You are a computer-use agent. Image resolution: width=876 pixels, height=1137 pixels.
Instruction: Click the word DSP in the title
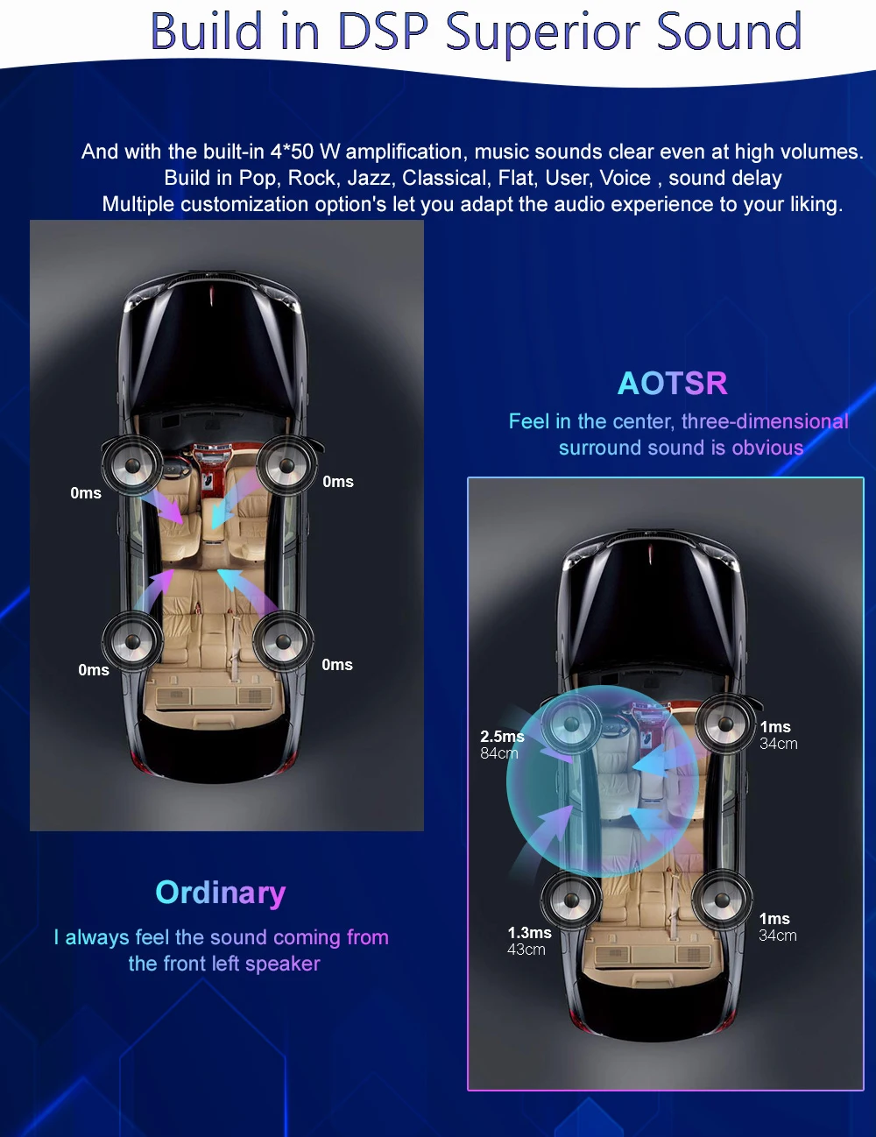point(382,32)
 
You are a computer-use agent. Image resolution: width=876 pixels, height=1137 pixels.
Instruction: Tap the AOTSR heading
point(672,383)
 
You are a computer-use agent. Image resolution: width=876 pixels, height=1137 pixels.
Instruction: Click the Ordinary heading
point(221,892)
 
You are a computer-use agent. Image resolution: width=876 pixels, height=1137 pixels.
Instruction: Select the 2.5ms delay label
point(502,737)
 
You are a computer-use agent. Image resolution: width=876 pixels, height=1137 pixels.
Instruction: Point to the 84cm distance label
point(499,753)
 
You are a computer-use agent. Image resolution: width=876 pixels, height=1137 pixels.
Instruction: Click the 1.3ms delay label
point(529,933)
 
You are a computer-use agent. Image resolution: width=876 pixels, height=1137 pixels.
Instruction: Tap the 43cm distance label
point(526,950)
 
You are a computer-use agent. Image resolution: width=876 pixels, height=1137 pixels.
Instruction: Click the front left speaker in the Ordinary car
point(132,466)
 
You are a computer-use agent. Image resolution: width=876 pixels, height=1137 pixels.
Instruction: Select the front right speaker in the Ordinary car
point(286,465)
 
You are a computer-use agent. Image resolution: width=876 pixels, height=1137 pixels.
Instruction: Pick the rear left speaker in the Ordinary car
point(132,642)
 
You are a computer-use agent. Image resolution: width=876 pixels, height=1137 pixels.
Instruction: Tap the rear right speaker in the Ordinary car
point(283,642)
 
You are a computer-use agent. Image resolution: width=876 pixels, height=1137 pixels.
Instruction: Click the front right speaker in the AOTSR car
point(725,724)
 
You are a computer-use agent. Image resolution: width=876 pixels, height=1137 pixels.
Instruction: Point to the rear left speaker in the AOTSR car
point(570,900)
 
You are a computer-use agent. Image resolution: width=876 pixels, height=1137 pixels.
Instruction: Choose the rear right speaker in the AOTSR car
point(722,900)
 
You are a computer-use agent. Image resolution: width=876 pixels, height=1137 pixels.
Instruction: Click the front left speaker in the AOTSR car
point(571,724)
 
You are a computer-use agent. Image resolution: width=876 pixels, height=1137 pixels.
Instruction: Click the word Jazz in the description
point(368,178)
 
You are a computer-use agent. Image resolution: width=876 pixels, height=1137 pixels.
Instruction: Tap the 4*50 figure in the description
point(292,152)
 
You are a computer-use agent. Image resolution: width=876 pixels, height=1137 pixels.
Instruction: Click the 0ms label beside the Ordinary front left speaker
point(86,493)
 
